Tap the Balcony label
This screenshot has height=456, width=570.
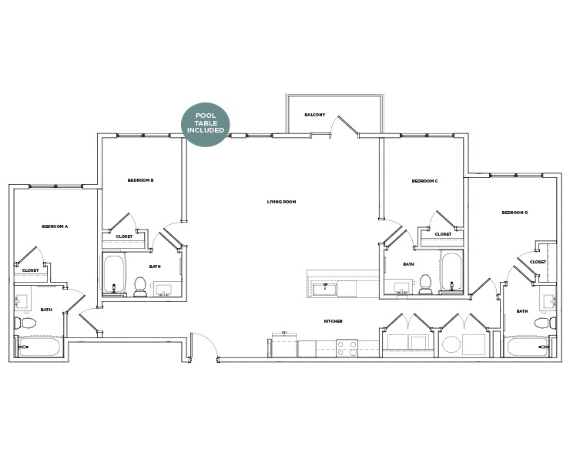(314, 115)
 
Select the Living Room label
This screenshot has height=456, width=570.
(281, 202)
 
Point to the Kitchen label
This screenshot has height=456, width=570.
(333, 320)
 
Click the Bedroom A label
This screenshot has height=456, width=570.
(55, 226)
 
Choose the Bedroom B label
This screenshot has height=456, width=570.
(141, 180)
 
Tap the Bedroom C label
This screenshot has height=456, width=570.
(424, 181)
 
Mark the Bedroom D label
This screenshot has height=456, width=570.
(515, 213)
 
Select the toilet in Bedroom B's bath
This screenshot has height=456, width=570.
(140, 286)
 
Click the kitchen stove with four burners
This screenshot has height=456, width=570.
(347, 349)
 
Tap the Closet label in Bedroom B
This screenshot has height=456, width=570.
(123, 236)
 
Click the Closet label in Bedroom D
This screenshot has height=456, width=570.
(538, 262)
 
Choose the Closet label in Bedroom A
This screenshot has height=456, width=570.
(30, 270)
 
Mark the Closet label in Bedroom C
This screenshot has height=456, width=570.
(443, 234)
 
